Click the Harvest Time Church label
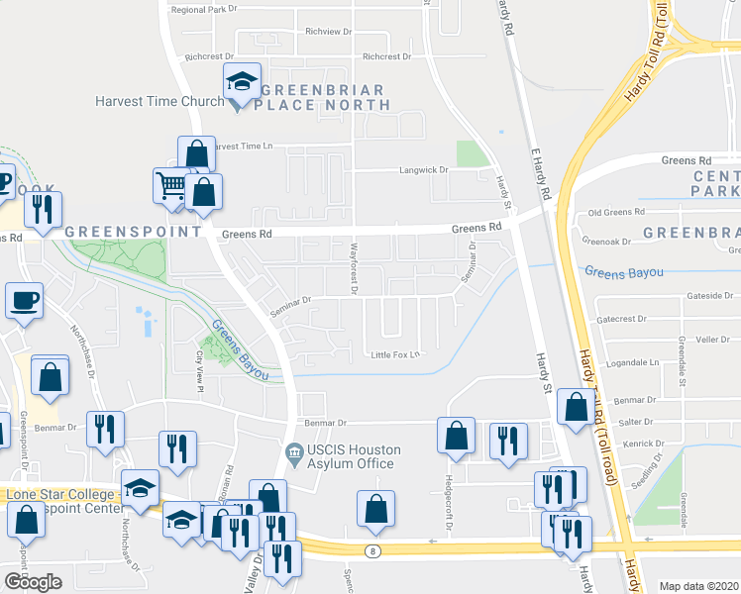click(x=159, y=101)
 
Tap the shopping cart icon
click(x=170, y=185)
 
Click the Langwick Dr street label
click(x=424, y=170)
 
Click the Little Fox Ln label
click(x=395, y=355)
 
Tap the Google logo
click(x=33, y=582)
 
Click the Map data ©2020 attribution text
click(x=698, y=586)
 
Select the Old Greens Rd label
click(x=616, y=212)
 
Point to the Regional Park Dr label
click(x=204, y=9)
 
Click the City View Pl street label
click(x=200, y=369)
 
